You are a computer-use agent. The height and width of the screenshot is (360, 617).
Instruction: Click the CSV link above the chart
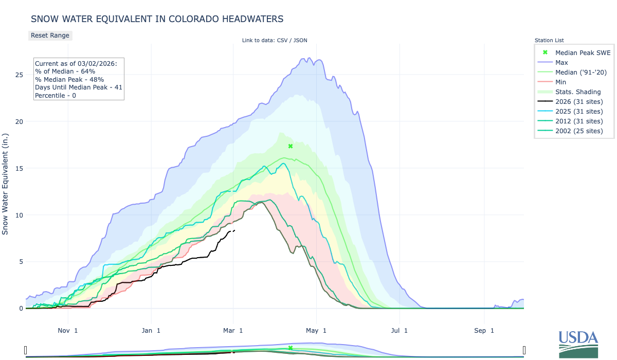click(282, 40)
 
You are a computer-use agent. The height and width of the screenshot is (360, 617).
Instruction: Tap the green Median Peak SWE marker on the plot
click(291, 146)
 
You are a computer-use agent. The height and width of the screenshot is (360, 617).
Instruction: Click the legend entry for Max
click(561, 62)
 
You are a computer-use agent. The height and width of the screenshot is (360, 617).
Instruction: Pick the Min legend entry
click(561, 82)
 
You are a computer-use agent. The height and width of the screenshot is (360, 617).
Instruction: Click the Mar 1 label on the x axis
click(233, 330)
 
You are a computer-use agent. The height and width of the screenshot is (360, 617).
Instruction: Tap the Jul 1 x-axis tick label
click(398, 330)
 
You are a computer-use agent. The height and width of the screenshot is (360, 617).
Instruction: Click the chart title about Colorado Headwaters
click(157, 19)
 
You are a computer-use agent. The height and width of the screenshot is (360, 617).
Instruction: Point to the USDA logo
click(578, 344)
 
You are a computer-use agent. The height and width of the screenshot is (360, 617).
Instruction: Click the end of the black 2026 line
click(234, 230)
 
